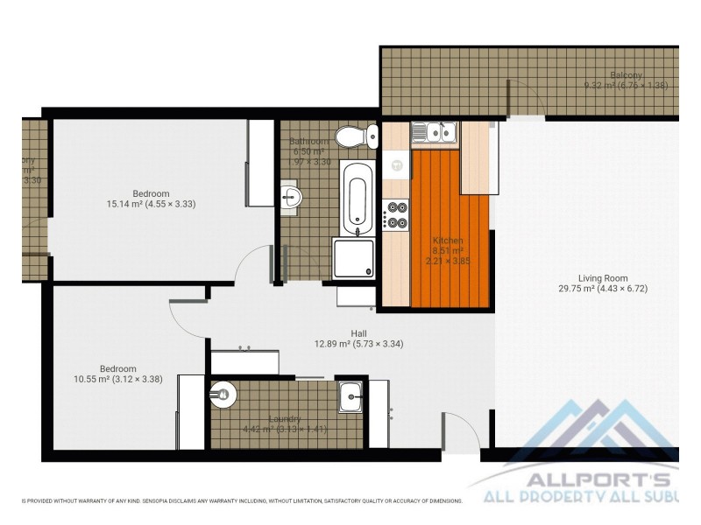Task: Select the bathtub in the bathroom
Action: pyautogui.click(x=357, y=199)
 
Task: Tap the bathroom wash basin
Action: pyautogui.click(x=292, y=197)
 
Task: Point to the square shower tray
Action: pyautogui.click(x=356, y=260)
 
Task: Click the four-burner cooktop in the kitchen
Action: pyautogui.click(x=396, y=215)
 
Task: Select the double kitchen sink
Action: pyautogui.click(x=435, y=132)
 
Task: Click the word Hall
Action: pyautogui.click(x=359, y=333)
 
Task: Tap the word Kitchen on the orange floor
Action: pyautogui.click(x=448, y=241)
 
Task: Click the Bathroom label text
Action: pyautogui.click(x=309, y=142)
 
